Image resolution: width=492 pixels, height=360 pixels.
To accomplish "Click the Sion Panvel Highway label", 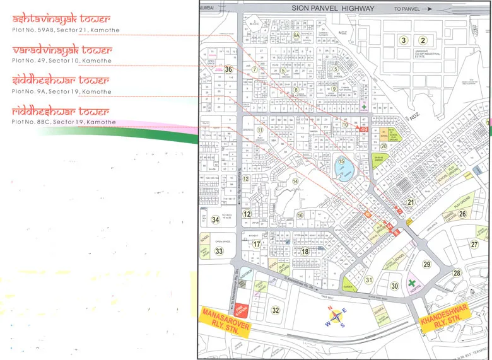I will [332, 9].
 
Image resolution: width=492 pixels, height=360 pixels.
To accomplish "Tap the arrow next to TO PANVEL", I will [428, 9].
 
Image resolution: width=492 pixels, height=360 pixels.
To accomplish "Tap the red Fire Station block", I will [241, 309].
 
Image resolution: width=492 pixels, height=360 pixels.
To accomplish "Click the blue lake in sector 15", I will [344, 171].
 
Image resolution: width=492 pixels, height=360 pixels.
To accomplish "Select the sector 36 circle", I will [228, 69].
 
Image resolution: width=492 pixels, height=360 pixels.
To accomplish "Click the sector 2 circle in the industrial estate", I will [424, 41].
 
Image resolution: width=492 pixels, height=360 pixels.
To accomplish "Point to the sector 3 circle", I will [403, 41].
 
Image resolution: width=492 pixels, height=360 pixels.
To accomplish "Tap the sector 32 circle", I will [275, 310].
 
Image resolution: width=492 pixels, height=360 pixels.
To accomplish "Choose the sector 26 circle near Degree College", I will [462, 214].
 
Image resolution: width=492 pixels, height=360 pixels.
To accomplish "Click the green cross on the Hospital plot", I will [413, 284].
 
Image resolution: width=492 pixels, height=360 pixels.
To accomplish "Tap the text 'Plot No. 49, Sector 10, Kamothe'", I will [61, 61].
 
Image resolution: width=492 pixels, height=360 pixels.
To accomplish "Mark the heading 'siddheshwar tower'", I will [60, 81].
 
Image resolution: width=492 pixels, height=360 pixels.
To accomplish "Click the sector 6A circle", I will [296, 37].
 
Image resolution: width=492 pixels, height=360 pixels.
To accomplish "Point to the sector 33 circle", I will [219, 251].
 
